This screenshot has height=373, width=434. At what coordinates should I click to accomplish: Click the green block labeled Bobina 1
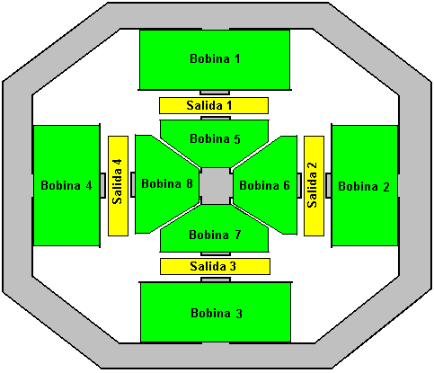click(x=215, y=59)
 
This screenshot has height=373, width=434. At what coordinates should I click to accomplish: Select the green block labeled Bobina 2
click(x=365, y=186)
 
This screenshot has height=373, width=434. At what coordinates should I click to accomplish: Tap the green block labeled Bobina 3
click(x=216, y=312)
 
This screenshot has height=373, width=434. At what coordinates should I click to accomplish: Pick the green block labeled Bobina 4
click(x=66, y=186)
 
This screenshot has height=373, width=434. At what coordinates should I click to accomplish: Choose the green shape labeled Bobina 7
click(x=215, y=234)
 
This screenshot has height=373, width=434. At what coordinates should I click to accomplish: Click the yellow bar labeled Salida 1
click(x=214, y=105)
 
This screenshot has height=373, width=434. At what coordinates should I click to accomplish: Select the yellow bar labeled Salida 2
click(x=314, y=186)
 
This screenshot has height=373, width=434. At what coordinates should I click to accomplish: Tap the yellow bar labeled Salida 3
click(x=215, y=266)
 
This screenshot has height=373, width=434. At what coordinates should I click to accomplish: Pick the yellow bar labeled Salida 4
click(x=118, y=186)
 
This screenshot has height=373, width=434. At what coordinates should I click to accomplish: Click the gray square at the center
click(x=216, y=186)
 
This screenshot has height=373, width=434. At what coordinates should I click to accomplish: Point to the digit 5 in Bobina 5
click(x=237, y=139)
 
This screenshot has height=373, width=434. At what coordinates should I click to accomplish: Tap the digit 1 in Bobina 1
click(x=237, y=58)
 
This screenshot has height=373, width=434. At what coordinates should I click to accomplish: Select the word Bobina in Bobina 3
click(x=210, y=313)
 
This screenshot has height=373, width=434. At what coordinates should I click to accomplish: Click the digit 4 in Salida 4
click(x=118, y=163)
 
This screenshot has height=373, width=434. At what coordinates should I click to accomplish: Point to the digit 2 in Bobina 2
click(x=386, y=187)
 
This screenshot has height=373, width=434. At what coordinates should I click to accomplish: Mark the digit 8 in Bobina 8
click(x=190, y=183)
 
